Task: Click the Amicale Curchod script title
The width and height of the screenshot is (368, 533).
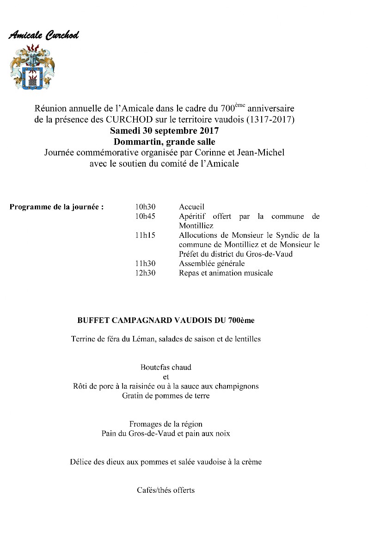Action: coord(43,36)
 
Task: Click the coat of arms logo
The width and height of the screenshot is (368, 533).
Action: coord(32,67)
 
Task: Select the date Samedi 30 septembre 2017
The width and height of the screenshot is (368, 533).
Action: coord(164,130)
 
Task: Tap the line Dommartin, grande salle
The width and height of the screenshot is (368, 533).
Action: coord(164,141)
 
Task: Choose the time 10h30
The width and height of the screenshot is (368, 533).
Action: coord(145,207)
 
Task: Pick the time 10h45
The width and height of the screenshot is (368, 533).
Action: coord(145,217)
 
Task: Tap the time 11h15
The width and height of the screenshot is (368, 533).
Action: coord(145,236)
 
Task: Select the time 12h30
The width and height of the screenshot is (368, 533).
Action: coord(145,273)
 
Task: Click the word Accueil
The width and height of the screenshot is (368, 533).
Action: coord(191,207)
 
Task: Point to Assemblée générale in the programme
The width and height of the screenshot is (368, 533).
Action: coord(212,264)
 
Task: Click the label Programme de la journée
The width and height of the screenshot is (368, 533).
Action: coord(56,207)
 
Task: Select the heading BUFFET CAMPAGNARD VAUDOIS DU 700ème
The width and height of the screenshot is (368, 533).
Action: coord(166,320)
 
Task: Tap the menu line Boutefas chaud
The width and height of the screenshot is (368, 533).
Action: coord(166,368)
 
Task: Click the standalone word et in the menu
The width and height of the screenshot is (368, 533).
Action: coord(166,377)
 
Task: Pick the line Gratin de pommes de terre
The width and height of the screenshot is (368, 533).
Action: coord(166,396)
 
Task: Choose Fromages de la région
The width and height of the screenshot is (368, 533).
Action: coord(166,424)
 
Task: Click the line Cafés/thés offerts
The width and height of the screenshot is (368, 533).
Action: coord(166,490)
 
